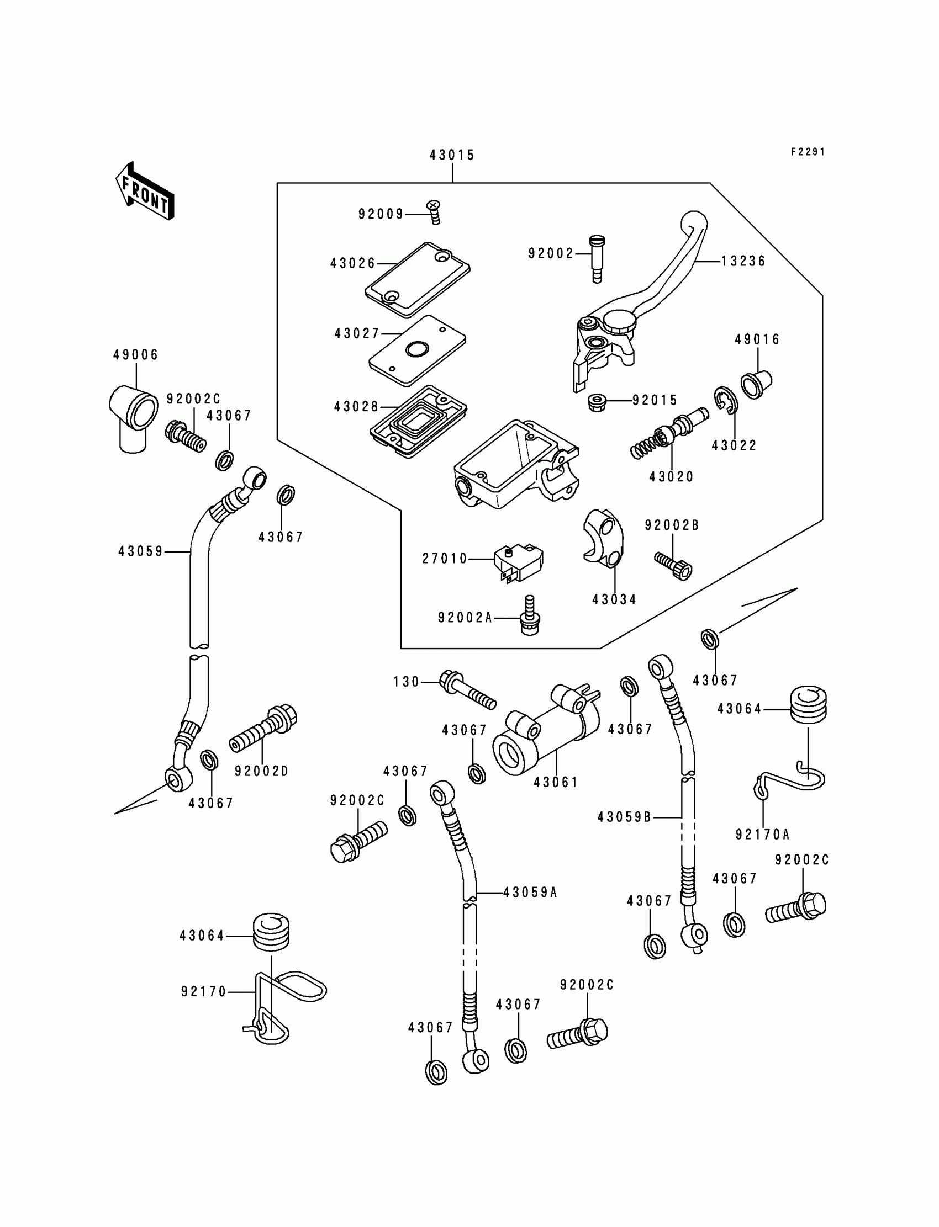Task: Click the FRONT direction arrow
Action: pos(145,191)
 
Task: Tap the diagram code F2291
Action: pos(808,152)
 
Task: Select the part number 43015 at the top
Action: pos(452,155)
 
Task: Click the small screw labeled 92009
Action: pos(434,212)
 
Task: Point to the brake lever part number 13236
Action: pos(743,261)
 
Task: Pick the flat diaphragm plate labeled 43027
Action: pos(418,350)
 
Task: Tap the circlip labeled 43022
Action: pos(725,401)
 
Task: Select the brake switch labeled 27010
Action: pos(519,562)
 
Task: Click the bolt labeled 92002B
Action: pos(673,566)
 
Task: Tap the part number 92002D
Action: pos(261,771)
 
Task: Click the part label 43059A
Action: pos(530,893)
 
